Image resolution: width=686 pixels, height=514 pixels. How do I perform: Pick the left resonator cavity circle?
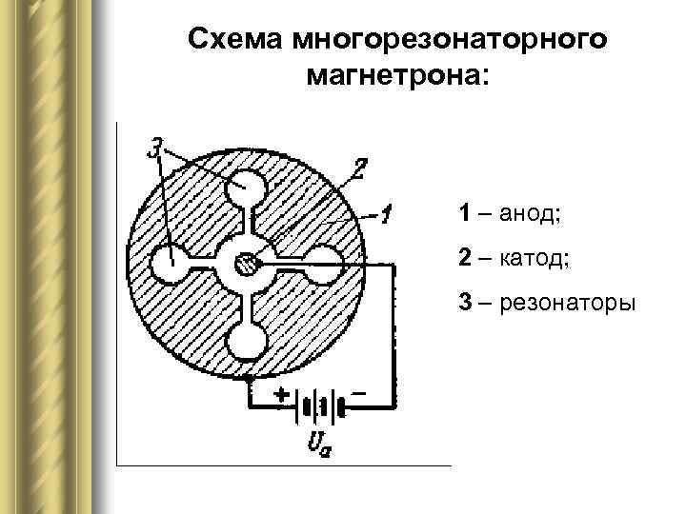171,260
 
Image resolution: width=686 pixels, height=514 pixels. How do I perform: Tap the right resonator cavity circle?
324,260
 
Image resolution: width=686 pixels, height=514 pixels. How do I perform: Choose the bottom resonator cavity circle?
247,339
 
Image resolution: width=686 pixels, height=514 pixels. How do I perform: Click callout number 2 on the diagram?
357,168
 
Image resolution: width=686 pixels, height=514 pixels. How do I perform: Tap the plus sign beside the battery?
282,392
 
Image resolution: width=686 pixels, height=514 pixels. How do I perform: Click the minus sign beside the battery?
358,391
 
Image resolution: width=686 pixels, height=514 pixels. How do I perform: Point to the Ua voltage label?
320,443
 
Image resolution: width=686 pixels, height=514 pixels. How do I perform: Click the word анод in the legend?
530,212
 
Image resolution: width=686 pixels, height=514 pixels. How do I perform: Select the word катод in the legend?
534,258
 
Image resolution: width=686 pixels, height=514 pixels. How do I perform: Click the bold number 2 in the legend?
464,258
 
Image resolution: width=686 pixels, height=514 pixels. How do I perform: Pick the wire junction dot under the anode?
249,379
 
